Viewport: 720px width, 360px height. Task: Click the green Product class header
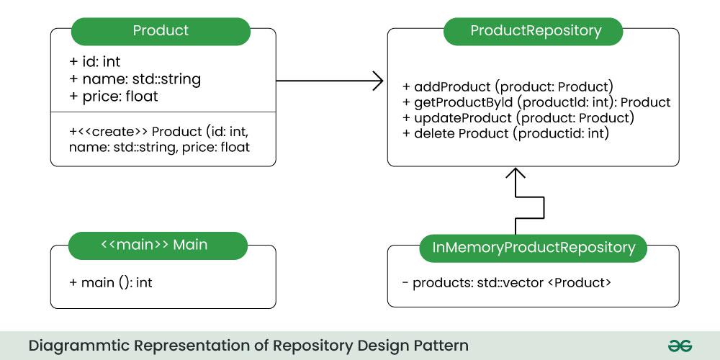[x=161, y=31]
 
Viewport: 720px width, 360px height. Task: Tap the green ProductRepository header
[x=535, y=31]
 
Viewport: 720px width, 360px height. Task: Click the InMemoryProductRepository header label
[x=534, y=248]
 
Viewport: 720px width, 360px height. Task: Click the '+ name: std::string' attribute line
[x=135, y=78]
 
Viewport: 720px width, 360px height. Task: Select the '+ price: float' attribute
[x=113, y=95]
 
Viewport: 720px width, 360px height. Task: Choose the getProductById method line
[x=536, y=102]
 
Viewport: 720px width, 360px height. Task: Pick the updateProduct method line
[x=518, y=117]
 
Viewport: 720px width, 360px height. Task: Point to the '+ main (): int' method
[x=110, y=282]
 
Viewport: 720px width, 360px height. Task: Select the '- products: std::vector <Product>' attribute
[x=507, y=282]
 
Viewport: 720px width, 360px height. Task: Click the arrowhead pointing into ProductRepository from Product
[x=377, y=81]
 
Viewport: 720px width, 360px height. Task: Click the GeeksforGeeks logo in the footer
[x=679, y=346]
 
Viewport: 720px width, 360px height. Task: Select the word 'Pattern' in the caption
[x=439, y=346]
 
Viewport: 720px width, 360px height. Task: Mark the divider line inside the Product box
[x=163, y=112]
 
